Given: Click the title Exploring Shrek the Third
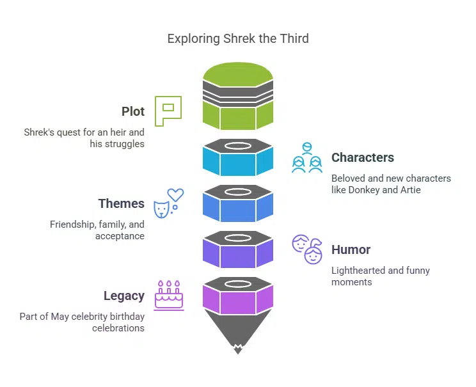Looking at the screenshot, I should coord(238,38).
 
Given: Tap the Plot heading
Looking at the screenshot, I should coord(133,111).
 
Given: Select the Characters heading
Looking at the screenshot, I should coord(362,157).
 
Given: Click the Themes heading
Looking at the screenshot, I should coord(121,203).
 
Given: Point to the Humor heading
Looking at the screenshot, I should coord(351,249).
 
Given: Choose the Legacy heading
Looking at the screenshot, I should coord(123,296).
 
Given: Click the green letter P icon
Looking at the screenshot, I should coord(168,111).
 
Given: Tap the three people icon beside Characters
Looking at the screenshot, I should coord(306,157).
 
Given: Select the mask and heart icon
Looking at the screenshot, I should coord(168,203).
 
